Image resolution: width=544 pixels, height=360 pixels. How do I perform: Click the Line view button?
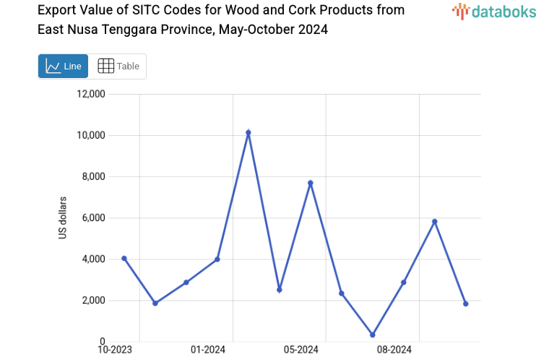click(x=63, y=67)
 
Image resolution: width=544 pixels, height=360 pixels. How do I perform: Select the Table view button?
click(x=118, y=67)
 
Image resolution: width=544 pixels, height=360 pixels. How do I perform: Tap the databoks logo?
click(x=495, y=11)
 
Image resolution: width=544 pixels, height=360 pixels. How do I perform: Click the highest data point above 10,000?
click(x=249, y=133)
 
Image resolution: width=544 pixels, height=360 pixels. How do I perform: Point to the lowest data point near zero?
click(x=373, y=335)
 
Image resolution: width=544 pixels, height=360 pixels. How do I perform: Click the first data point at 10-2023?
click(x=124, y=258)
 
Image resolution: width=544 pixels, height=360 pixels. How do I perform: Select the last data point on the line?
click(x=466, y=304)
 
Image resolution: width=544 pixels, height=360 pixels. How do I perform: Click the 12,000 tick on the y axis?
click(x=91, y=94)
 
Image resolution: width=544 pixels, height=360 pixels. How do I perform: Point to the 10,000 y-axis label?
click(x=91, y=135)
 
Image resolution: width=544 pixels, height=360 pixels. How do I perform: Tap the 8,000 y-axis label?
click(x=93, y=176)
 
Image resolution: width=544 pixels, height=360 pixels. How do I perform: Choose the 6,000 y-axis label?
click(x=93, y=218)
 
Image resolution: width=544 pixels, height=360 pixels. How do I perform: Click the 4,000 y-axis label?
click(x=93, y=259)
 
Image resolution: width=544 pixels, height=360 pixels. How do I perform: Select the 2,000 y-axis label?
click(x=93, y=300)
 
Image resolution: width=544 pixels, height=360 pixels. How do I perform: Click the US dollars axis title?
click(x=63, y=218)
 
